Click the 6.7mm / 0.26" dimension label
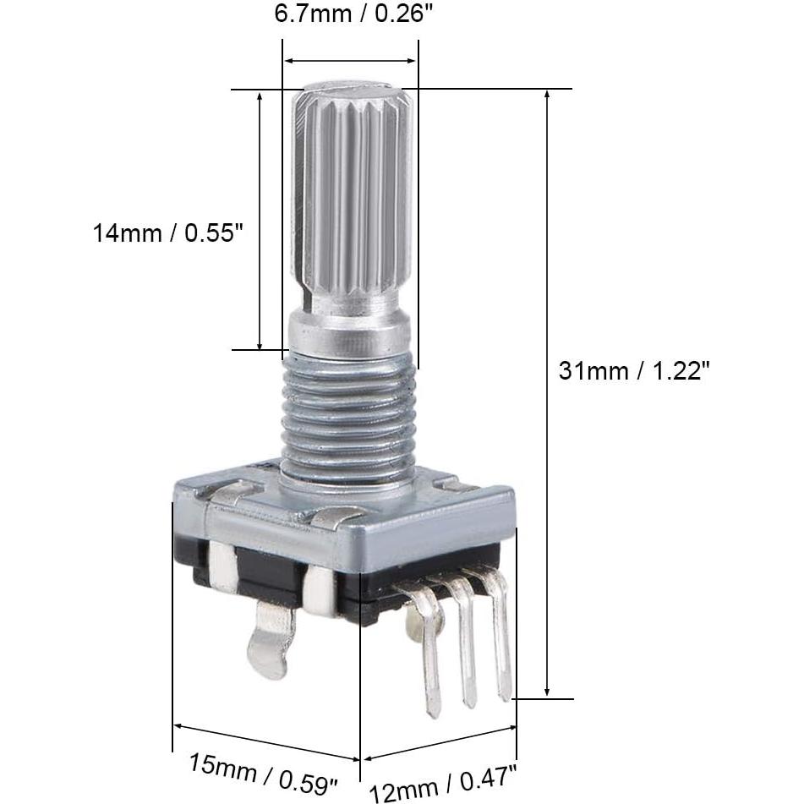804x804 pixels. (x=350, y=14)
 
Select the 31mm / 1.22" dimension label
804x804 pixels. (x=632, y=370)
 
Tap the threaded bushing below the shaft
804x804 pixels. (x=348, y=414)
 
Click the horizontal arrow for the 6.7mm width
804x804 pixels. (x=350, y=61)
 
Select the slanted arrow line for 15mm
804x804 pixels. (x=266, y=742)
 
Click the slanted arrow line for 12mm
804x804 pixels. (x=440, y=741)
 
